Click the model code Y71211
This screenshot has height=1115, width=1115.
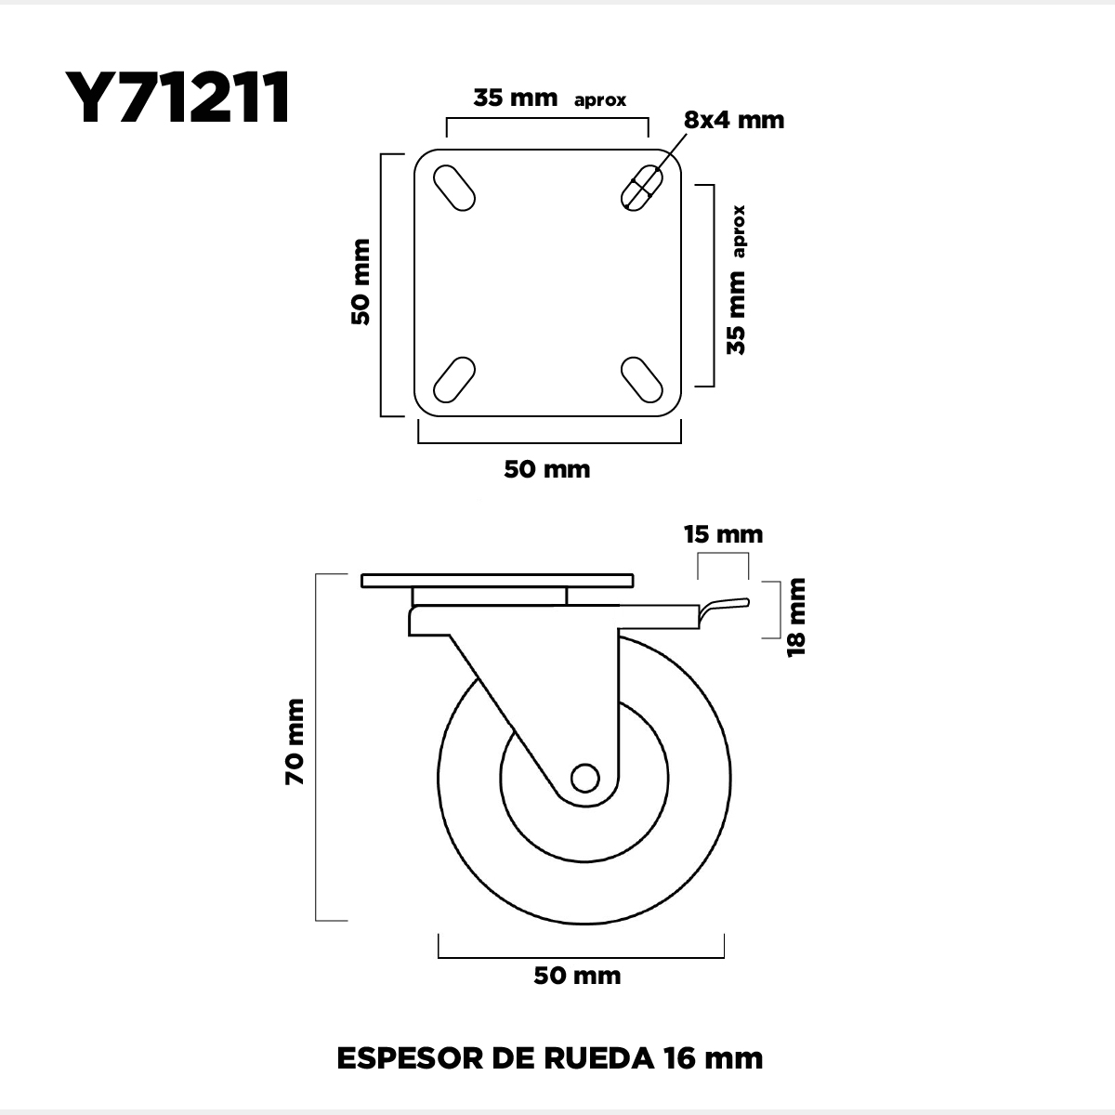click(x=177, y=98)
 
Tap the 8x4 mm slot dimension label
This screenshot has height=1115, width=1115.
click(x=734, y=121)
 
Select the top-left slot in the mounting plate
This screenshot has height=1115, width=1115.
click(x=454, y=188)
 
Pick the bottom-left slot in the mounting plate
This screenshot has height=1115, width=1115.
click(x=454, y=380)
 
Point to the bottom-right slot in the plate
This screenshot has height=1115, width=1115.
click(x=642, y=380)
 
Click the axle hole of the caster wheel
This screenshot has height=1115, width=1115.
click(x=584, y=779)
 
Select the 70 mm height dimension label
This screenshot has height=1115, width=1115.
click(x=295, y=741)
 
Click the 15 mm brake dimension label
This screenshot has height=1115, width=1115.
click(x=723, y=534)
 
